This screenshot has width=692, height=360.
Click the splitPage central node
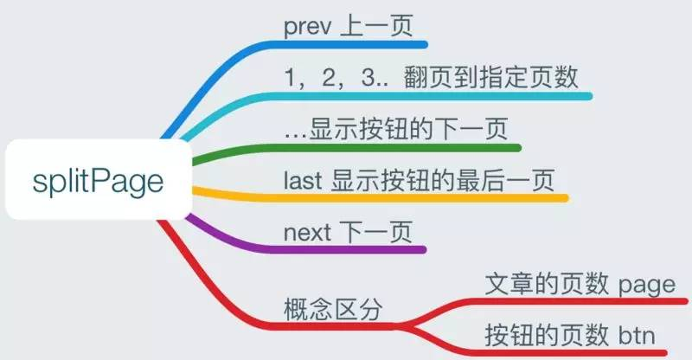97,183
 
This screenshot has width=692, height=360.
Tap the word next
305,234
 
